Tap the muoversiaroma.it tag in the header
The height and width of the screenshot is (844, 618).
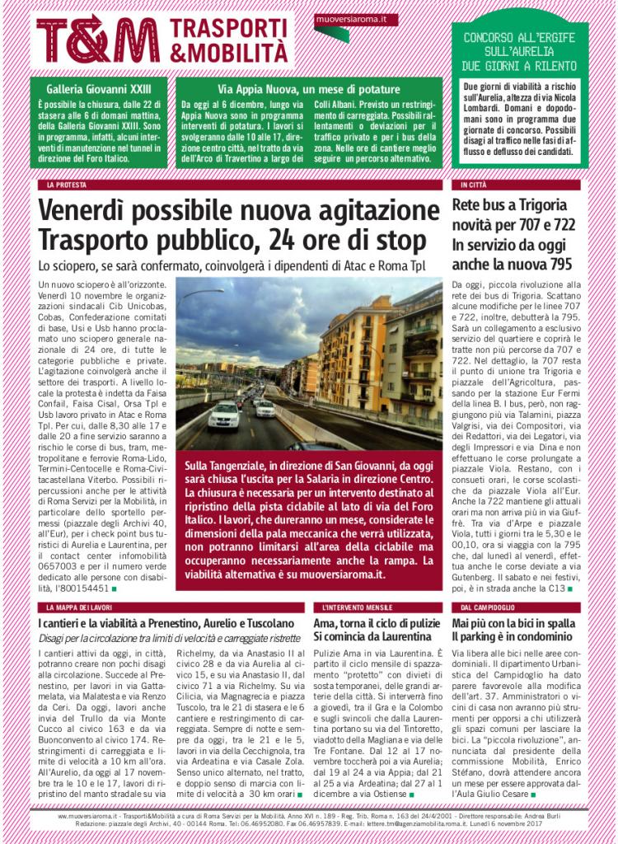[356, 19]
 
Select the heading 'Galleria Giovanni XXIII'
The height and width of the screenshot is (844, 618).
[89, 89]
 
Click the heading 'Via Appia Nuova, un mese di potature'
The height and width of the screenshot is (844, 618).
[309, 89]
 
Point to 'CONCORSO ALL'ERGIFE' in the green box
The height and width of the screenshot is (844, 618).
[519, 38]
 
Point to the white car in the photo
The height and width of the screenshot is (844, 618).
[224, 414]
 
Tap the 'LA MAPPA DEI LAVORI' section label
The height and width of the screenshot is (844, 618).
[79, 607]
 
